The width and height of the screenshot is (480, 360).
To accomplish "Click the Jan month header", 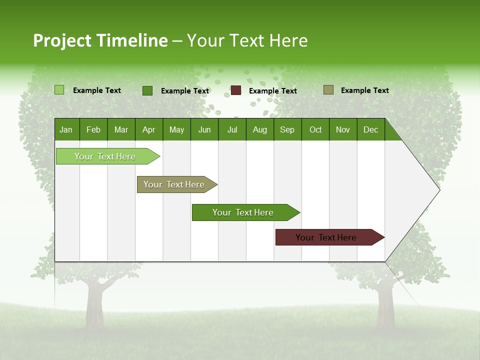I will (66, 129).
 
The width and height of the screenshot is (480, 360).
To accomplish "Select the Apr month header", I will (149, 129).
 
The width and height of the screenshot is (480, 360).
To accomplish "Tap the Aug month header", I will (259, 129).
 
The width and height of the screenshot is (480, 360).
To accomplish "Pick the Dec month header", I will (370, 129).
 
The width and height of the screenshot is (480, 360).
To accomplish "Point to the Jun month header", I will (204, 129).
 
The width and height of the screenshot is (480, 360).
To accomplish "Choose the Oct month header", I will (315, 129).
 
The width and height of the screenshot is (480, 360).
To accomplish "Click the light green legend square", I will (59, 90).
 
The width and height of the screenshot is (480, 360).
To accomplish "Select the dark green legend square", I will (147, 90).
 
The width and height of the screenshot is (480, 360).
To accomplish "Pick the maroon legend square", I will (236, 90).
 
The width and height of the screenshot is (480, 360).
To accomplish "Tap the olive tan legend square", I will (328, 90).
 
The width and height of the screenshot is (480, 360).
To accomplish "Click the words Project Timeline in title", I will (100, 40).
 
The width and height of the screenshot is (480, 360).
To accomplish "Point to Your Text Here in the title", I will (247, 40).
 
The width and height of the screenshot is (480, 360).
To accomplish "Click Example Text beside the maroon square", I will (272, 91).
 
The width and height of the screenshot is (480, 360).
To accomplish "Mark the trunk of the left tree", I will (94, 305).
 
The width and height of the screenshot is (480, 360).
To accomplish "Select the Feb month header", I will (93, 129).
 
